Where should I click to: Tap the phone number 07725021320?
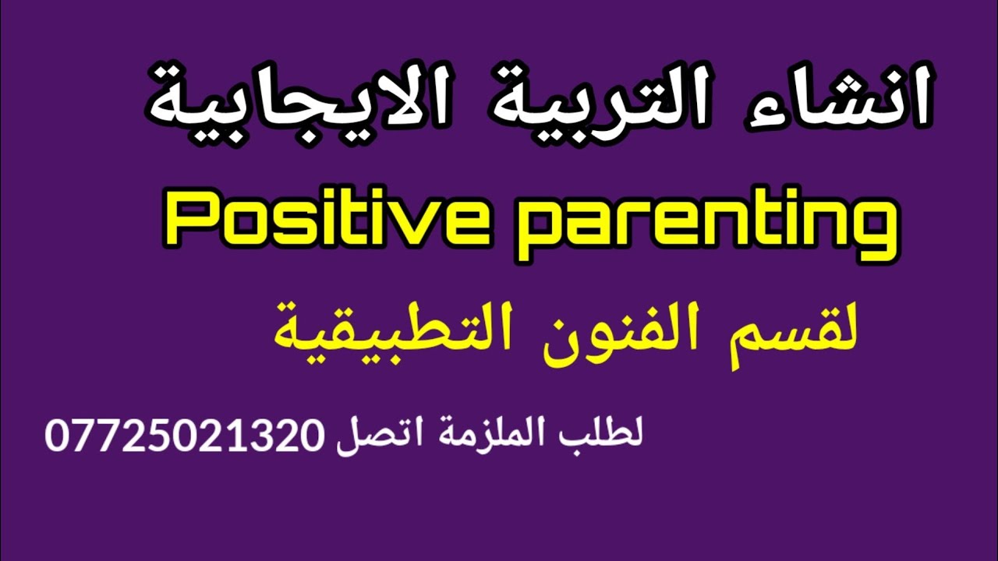(183, 435)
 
